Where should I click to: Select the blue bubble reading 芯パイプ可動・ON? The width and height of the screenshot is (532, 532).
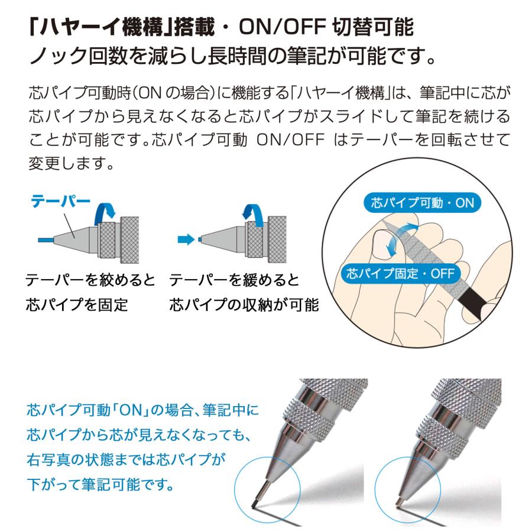[419, 203]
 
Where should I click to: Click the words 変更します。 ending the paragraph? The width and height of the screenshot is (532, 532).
[71, 163]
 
